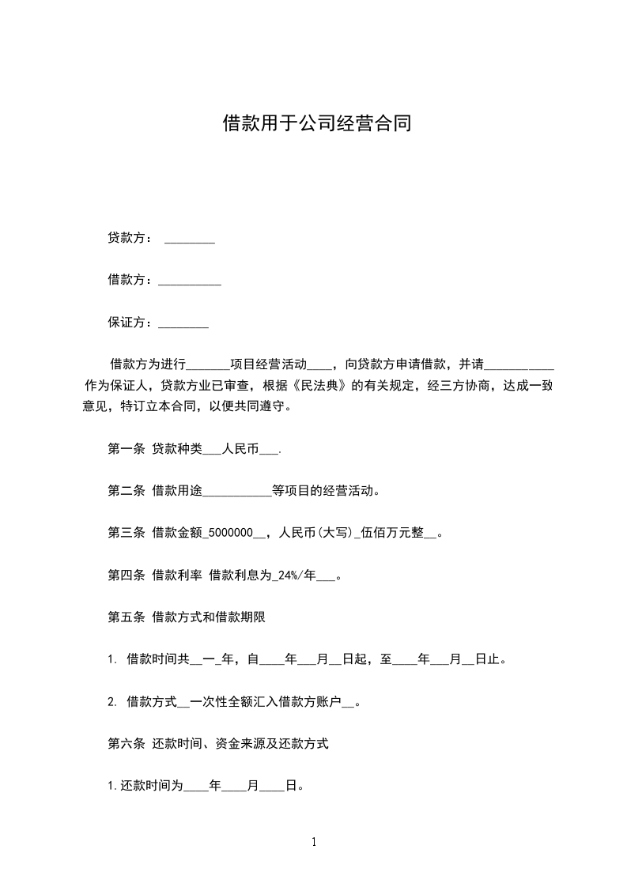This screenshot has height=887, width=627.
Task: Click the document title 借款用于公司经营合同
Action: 316,123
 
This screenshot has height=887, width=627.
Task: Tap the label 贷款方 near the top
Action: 126,238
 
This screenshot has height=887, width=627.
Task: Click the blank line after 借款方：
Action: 190,281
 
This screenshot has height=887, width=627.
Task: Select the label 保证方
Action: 126,323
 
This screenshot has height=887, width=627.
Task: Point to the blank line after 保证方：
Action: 183,324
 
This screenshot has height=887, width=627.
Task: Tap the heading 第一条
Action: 126,448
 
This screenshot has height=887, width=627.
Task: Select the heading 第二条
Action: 126,490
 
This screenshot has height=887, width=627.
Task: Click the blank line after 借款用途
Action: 237,493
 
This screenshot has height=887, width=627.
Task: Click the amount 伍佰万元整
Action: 393,533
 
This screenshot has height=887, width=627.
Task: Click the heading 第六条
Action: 126,743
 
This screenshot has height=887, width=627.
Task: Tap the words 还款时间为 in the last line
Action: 152,786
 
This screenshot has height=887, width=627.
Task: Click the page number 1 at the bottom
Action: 314,842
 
